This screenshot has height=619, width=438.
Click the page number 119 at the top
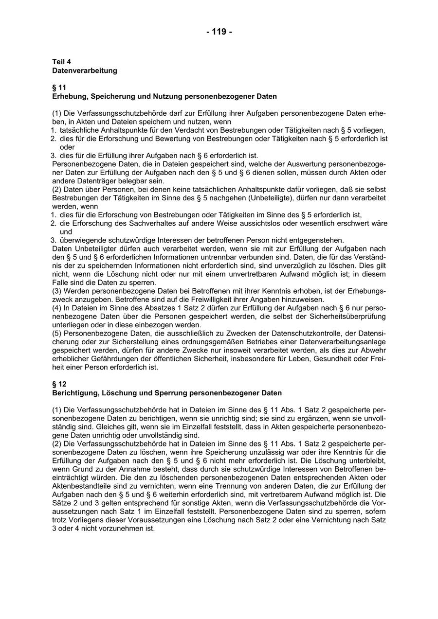point(219,32)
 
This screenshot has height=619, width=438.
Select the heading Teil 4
point(62,62)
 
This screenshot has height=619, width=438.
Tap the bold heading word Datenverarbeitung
point(85,71)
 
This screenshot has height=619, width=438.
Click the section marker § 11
point(59,88)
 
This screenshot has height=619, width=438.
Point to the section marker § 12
point(59,384)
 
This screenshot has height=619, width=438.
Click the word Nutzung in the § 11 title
point(167,96)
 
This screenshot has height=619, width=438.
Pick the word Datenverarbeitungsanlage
point(340,342)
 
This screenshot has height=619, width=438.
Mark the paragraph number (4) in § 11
point(57,308)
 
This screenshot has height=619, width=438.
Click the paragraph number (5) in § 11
point(57,334)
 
